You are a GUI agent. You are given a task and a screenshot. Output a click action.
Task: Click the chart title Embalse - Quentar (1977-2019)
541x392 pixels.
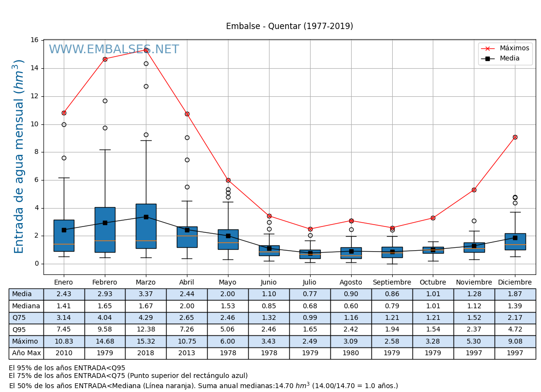coord(289,27)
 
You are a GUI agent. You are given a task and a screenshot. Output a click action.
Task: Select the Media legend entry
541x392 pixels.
coord(510,59)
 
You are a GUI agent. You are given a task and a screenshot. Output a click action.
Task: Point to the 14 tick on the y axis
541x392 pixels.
coord(35,68)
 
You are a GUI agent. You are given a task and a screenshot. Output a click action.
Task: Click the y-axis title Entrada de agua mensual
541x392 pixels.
coord(19,156)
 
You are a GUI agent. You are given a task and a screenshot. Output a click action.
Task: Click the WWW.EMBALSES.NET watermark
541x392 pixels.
coord(114,50)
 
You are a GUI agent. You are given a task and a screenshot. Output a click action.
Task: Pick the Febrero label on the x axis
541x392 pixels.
coord(105,283)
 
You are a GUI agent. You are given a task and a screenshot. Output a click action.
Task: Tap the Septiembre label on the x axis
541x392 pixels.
coord(392,283)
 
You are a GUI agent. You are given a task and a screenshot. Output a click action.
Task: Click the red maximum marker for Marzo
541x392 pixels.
coord(146,50)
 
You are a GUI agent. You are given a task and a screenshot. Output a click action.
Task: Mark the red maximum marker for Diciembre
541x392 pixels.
coord(515,137)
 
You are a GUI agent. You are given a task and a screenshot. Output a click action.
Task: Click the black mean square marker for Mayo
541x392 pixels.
coord(228,236)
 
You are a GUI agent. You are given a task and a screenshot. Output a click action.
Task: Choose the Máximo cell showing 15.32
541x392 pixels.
coord(145,342)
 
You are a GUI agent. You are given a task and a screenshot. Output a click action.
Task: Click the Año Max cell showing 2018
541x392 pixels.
coord(145,353)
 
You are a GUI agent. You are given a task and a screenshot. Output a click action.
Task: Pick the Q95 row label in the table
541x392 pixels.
coord(19,330)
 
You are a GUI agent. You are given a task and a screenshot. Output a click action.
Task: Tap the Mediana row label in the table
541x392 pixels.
coord(26,306)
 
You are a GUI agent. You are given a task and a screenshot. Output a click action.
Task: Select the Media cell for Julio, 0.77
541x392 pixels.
coord(310,294)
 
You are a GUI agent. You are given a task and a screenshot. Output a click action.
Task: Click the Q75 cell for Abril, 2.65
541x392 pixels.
coord(186,318)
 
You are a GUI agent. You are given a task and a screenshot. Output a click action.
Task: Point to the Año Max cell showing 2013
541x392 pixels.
coord(186,353)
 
